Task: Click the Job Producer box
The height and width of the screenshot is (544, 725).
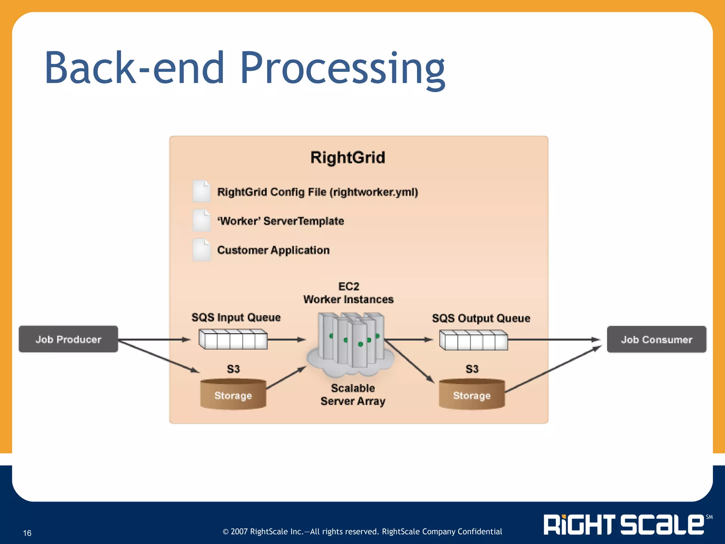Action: pos(68,339)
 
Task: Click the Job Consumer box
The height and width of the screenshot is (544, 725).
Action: pos(656,339)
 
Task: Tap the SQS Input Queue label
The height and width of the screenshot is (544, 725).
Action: pos(236,317)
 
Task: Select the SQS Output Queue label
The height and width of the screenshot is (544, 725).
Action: pos(481,318)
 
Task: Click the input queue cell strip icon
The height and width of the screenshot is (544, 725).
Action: pos(233,339)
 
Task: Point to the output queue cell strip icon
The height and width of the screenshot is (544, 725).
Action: pos(474,340)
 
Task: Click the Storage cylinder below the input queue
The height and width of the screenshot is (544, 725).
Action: pos(233,394)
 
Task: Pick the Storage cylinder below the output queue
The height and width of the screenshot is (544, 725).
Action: pos(472,394)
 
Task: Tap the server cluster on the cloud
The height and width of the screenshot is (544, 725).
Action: pos(350,342)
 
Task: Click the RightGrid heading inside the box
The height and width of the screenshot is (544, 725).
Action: pos(348,158)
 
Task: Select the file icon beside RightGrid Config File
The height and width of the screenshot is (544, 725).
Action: pos(201,191)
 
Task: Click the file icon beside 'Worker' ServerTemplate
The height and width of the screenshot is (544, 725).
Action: pos(201,221)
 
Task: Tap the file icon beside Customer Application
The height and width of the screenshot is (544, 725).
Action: pos(201,250)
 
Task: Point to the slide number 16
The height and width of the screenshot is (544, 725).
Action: pos(27,533)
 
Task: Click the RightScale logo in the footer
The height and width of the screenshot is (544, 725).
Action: pos(624,525)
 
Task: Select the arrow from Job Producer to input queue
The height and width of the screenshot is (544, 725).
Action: pos(154,340)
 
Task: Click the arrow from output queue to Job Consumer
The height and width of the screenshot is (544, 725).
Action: pos(554,340)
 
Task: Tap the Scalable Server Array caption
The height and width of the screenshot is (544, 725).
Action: pos(353,395)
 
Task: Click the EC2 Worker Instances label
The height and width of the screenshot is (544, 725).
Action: pos(348,293)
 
